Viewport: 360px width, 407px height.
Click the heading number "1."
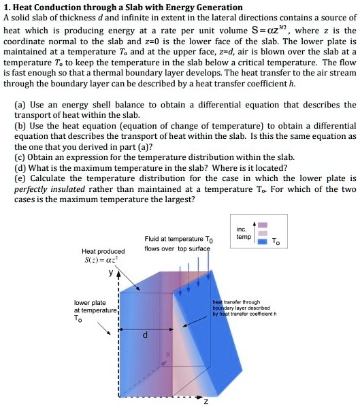click(x=7, y=7)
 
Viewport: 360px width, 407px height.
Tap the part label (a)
click(x=20, y=105)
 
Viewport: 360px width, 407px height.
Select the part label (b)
click(x=20, y=126)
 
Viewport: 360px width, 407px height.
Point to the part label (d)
click(x=20, y=167)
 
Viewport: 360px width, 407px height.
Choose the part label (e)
click(x=20, y=178)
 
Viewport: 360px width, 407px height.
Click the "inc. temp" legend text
click(x=243, y=233)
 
